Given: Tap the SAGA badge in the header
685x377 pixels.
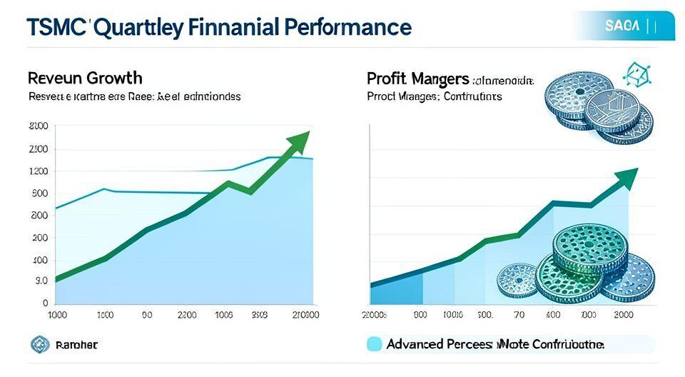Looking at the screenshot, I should tap(623, 26).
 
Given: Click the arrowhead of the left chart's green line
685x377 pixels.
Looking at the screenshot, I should tap(299, 141).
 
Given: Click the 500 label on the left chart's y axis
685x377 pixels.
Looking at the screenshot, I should tap(39, 193).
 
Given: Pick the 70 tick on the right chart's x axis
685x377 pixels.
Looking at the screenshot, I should tap(519, 315).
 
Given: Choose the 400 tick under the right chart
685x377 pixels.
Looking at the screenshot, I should tap(552, 315).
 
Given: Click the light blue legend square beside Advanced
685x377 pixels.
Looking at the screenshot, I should tap(374, 344).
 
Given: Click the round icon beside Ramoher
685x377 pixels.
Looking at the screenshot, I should tap(38, 344).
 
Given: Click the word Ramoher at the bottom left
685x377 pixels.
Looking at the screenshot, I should tap(76, 345).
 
